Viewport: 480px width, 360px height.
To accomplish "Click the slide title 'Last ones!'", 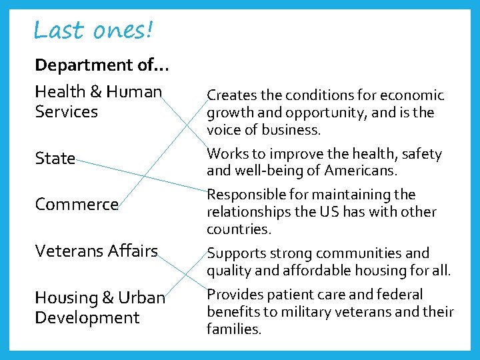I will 93,30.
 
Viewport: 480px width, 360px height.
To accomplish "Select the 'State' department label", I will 55,159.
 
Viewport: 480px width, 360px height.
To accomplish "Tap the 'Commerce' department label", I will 77,205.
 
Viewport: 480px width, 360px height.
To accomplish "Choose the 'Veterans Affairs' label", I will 96,251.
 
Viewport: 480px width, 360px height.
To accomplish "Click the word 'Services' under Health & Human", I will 66,112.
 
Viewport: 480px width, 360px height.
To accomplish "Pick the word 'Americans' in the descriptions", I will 359,171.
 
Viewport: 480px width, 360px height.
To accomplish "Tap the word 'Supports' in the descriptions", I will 235,254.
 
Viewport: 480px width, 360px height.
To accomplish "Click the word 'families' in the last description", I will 233,329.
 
